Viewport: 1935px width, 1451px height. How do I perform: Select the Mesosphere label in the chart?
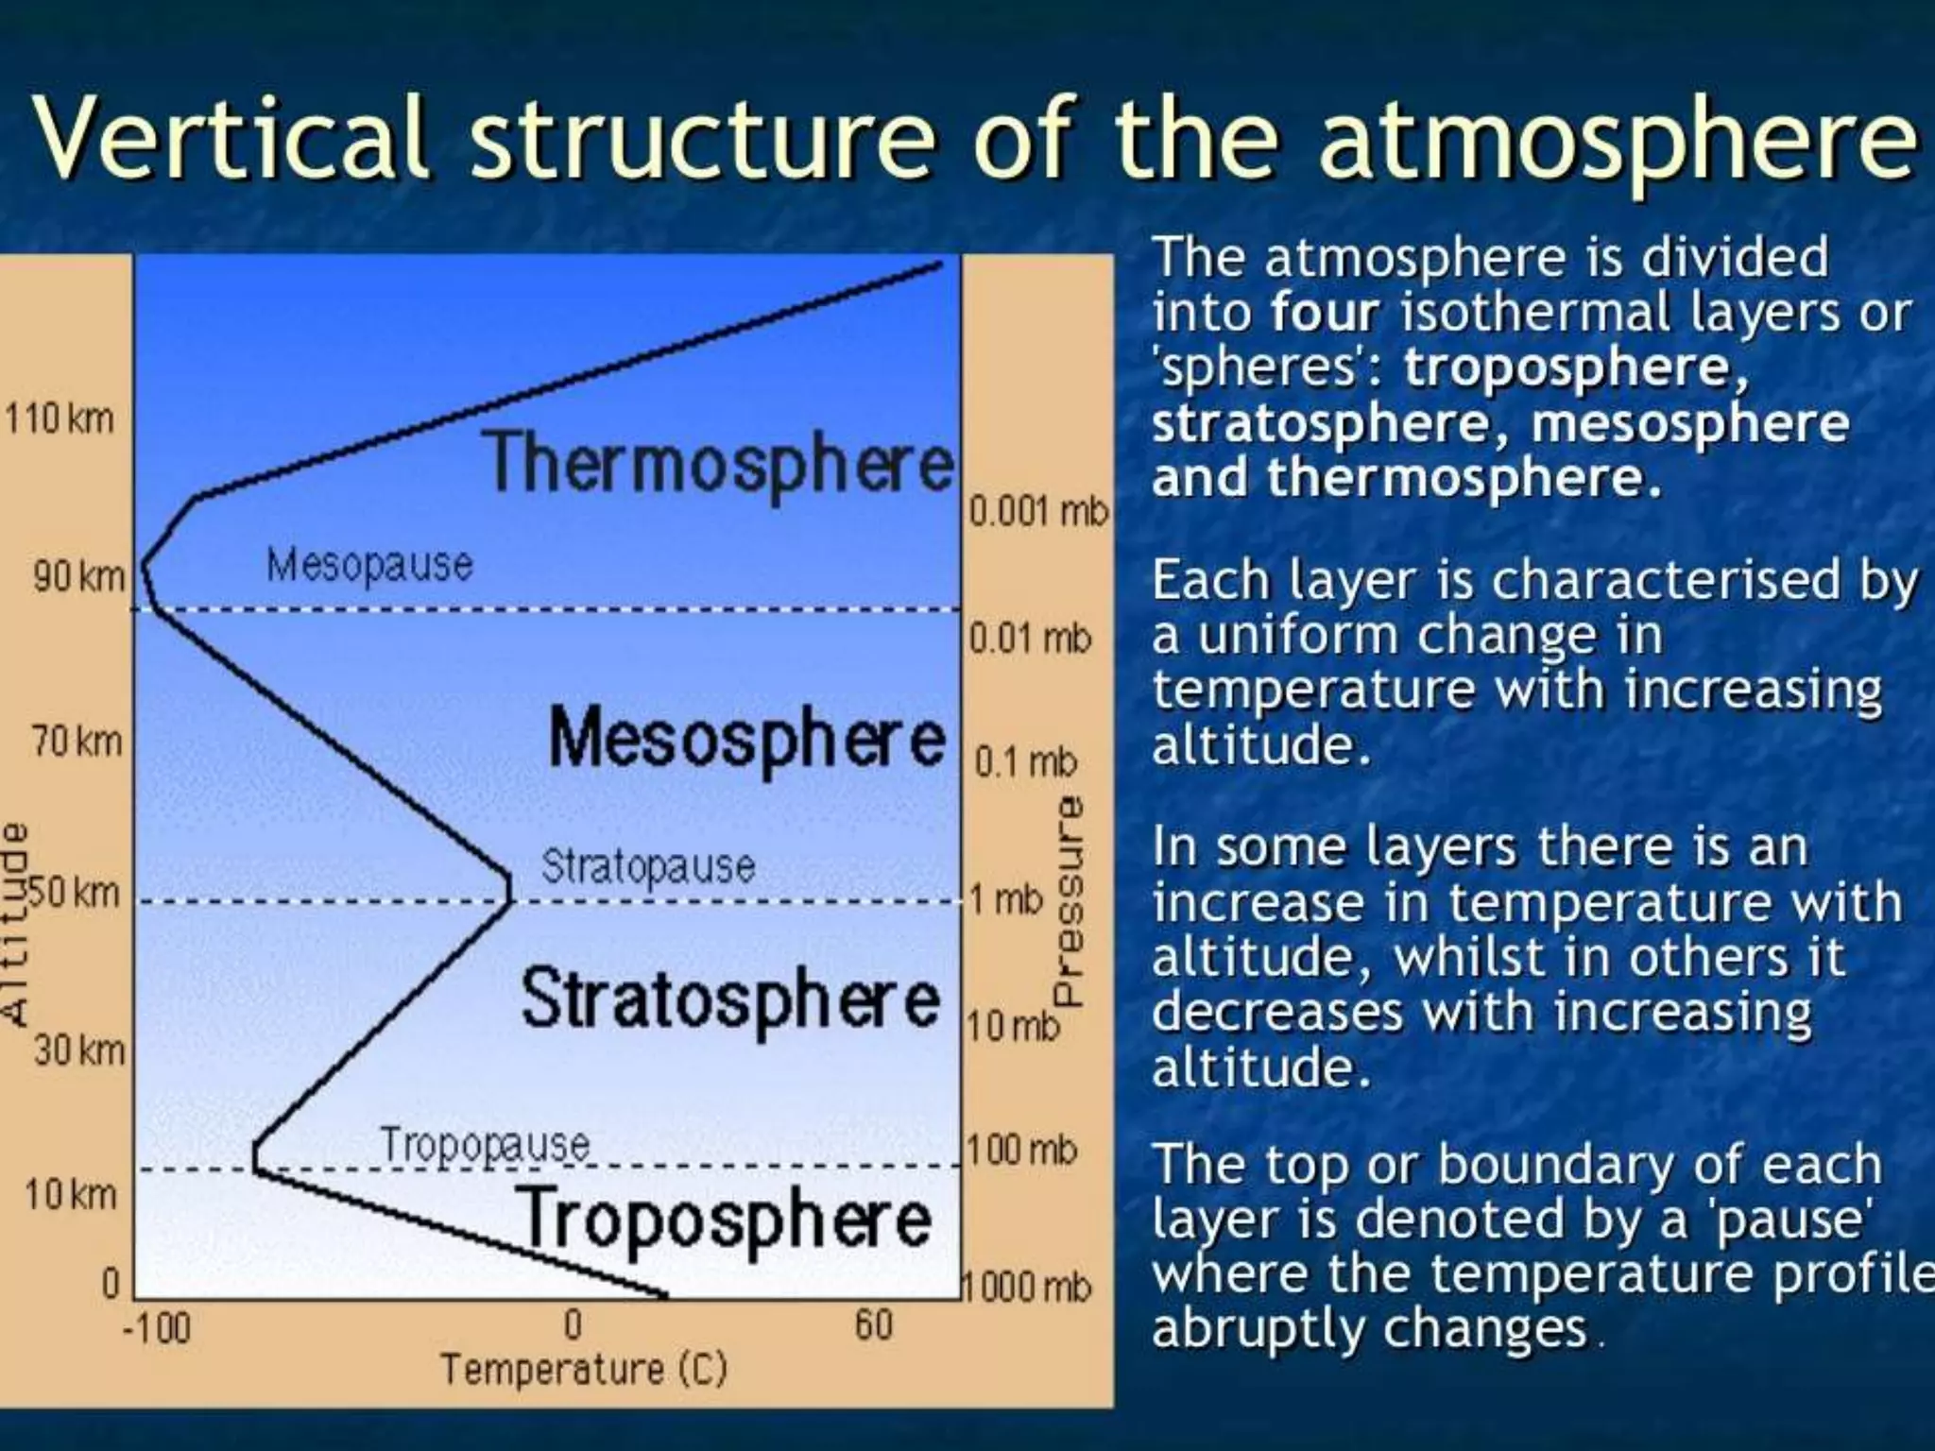(746, 739)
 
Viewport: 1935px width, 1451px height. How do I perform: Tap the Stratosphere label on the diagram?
(730, 999)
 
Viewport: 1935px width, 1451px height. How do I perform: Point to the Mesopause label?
(369, 566)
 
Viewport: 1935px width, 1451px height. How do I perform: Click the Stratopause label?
(648, 866)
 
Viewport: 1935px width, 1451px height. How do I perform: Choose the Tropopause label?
(485, 1146)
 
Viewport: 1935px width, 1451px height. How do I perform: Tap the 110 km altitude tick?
(60, 418)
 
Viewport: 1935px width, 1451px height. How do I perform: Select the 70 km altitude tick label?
(77, 743)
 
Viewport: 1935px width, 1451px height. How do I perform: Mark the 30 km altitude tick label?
(79, 1050)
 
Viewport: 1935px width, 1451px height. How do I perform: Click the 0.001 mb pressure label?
(1037, 512)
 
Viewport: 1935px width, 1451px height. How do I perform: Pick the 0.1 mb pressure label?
(1025, 761)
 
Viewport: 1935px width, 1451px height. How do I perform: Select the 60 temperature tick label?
(874, 1325)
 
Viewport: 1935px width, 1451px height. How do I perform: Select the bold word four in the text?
(1325, 313)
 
